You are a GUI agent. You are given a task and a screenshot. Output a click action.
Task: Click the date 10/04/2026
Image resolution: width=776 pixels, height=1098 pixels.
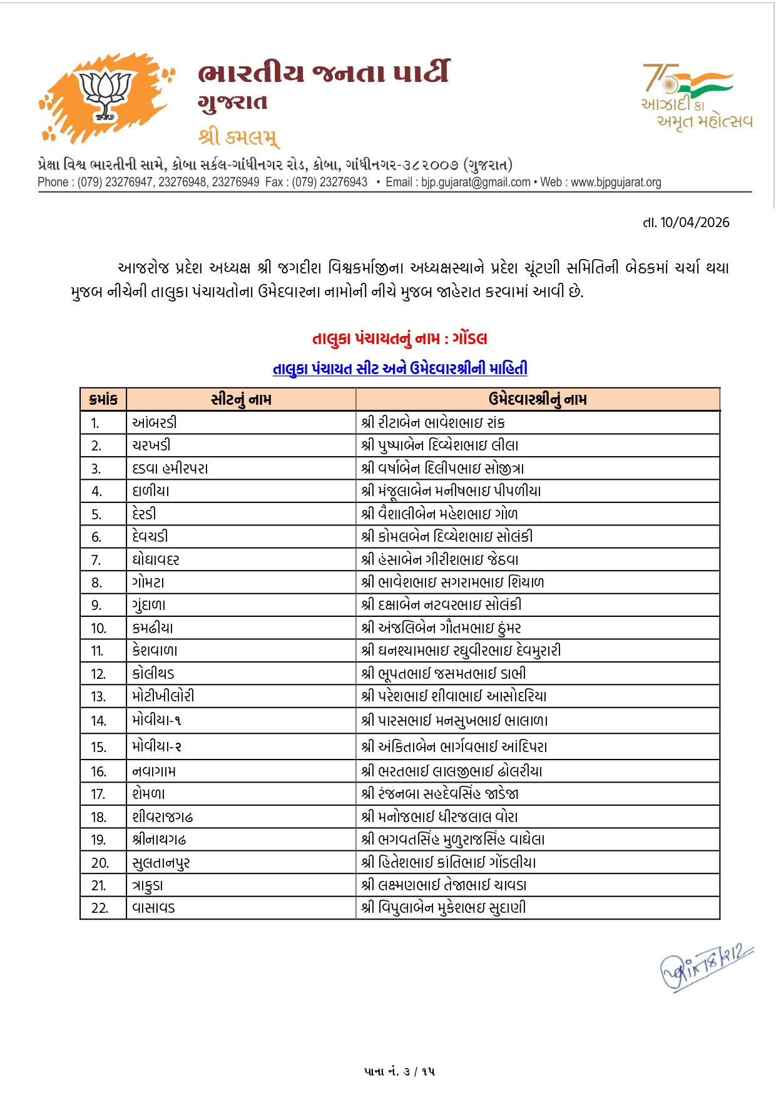[x=695, y=222]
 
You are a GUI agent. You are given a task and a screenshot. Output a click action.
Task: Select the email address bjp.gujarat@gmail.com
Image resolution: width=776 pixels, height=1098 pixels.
[x=476, y=182]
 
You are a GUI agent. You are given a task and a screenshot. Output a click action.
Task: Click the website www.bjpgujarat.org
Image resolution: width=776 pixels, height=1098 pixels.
[x=616, y=182]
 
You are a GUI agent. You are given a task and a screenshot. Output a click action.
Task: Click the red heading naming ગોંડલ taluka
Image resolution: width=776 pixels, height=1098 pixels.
[x=399, y=338]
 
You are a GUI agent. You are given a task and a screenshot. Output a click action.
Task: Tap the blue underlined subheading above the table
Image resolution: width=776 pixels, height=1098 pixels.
[x=399, y=369]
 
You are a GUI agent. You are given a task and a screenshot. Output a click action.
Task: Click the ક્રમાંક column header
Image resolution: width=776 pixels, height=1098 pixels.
[x=103, y=399]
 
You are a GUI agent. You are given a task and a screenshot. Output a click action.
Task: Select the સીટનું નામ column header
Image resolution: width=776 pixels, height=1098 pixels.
[x=241, y=399]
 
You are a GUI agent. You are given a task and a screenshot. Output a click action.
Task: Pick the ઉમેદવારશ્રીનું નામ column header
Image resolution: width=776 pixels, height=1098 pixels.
[x=538, y=399]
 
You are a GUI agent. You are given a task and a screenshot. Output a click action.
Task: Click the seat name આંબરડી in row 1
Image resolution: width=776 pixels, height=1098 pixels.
[x=155, y=422]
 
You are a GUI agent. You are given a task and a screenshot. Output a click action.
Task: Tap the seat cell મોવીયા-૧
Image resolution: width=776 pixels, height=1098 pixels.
[x=156, y=720]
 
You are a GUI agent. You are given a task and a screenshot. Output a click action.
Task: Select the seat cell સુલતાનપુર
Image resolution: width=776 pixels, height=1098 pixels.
[x=161, y=863]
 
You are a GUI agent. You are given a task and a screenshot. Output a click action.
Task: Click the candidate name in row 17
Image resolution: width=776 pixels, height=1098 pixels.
[x=440, y=794]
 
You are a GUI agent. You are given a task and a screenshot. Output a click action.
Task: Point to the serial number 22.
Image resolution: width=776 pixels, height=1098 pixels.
[x=100, y=908]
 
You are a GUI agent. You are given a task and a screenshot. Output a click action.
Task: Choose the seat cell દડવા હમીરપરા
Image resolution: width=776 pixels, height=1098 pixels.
[x=170, y=468]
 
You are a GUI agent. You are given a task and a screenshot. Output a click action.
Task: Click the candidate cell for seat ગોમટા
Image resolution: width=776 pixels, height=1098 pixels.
[x=452, y=582]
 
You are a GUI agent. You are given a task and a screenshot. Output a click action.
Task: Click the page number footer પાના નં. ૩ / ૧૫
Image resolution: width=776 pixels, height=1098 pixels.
[x=399, y=1071]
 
